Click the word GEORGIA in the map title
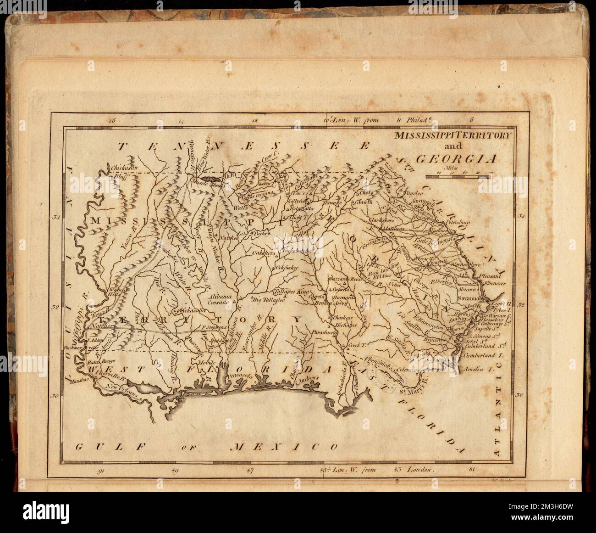(x=456, y=159)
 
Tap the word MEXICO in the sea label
(x=285, y=446)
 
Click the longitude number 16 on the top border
(x=110, y=121)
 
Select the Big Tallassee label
(x=268, y=300)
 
